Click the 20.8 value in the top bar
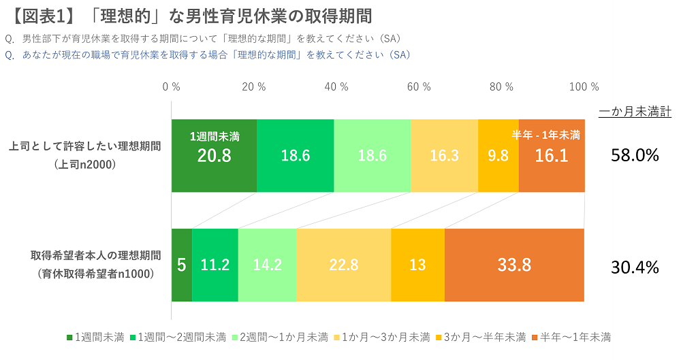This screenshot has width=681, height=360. (x=214, y=156)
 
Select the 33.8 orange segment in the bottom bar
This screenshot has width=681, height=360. (x=514, y=265)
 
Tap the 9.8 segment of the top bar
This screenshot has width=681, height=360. (x=498, y=156)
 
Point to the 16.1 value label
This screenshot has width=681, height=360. (x=552, y=156)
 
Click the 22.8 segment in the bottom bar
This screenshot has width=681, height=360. (x=343, y=265)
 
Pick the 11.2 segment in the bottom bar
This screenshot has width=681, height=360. (x=215, y=265)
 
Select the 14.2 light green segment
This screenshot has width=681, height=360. (x=267, y=265)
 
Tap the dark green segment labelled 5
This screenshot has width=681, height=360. (x=181, y=265)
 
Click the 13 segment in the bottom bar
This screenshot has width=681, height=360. (x=417, y=265)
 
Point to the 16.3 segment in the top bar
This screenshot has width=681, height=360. (x=444, y=156)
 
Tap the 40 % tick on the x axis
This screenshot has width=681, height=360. (x=336, y=87)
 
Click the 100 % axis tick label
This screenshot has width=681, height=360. (x=584, y=87)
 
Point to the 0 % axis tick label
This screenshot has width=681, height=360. (x=171, y=87)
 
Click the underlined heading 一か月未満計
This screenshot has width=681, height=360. (x=635, y=112)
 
